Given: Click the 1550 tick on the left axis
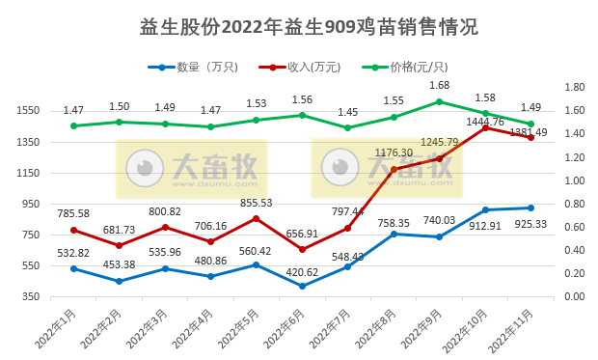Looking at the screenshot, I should point(27,111).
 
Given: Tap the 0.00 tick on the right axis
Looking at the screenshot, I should point(575,296).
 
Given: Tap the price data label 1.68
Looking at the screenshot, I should point(439,85).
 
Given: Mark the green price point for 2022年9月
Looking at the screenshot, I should point(439,101).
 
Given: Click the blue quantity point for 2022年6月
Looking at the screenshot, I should point(302,286).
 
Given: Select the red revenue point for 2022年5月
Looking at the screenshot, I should point(256,218).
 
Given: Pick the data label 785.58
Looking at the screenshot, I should point(73,214).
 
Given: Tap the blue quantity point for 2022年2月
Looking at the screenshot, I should point(119,281).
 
